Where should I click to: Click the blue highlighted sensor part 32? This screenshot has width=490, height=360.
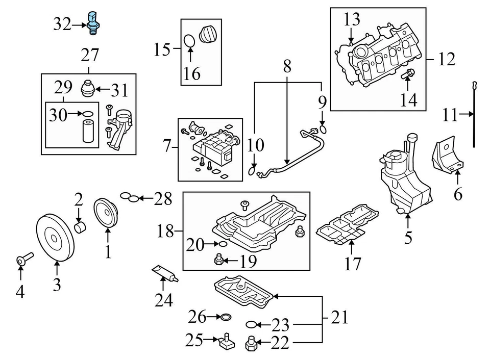(92, 22)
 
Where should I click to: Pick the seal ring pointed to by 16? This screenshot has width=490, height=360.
(189, 40)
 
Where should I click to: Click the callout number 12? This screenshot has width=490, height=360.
(446, 60)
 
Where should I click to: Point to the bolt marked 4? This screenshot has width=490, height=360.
(23, 258)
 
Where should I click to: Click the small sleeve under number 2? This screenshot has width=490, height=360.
(80, 225)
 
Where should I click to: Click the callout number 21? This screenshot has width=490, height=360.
(339, 318)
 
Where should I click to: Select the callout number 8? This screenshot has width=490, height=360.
(287, 67)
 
